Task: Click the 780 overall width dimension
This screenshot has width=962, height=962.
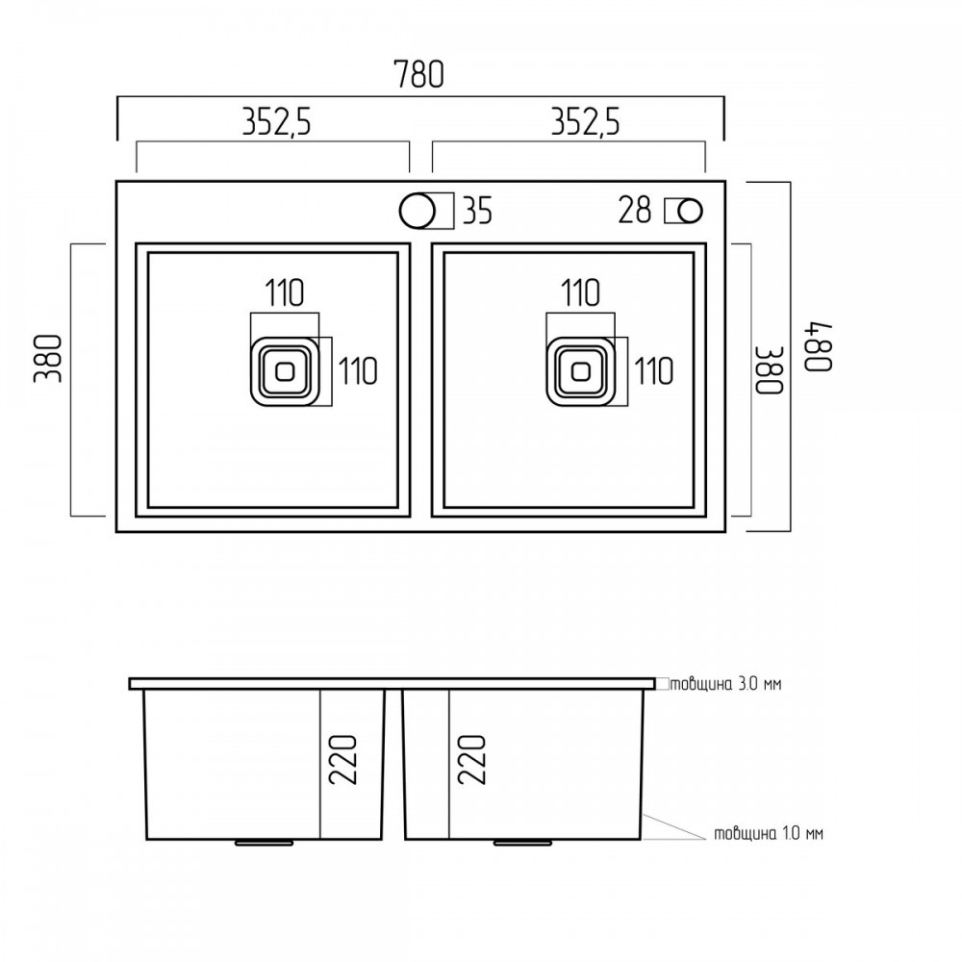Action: [418, 74]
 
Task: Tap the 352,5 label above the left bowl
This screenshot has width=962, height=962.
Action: [277, 121]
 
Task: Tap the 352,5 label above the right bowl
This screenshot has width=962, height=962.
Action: [585, 121]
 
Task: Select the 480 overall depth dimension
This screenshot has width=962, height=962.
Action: [819, 346]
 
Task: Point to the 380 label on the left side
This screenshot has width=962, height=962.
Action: [48, 358]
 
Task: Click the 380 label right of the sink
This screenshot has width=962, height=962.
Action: [769, 370]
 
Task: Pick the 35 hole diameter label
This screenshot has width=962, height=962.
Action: [477, 211]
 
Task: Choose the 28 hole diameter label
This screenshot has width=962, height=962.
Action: [634, 210]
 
